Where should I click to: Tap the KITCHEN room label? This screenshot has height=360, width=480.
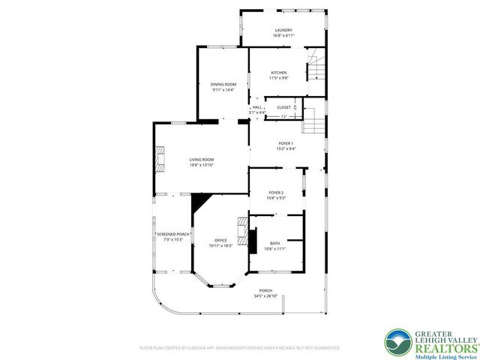(279, 73)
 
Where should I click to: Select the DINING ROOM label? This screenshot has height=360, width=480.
(223, 84)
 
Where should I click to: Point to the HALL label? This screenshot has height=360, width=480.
(257, 107)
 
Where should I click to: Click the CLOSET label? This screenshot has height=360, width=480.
(283, 107)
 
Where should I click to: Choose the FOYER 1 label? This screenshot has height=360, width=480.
(286, 143)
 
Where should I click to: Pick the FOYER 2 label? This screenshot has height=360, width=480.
(276, 193)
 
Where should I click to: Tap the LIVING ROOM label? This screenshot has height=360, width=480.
(201, 159)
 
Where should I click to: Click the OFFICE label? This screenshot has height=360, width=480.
(221, 240)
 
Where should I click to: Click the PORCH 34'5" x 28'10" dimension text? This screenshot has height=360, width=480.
(265, 296)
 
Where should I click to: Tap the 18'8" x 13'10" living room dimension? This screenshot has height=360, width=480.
(201, 164)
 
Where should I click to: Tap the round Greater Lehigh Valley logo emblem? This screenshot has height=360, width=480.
(398, 343)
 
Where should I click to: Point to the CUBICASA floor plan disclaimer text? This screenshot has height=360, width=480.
(240, 348)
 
